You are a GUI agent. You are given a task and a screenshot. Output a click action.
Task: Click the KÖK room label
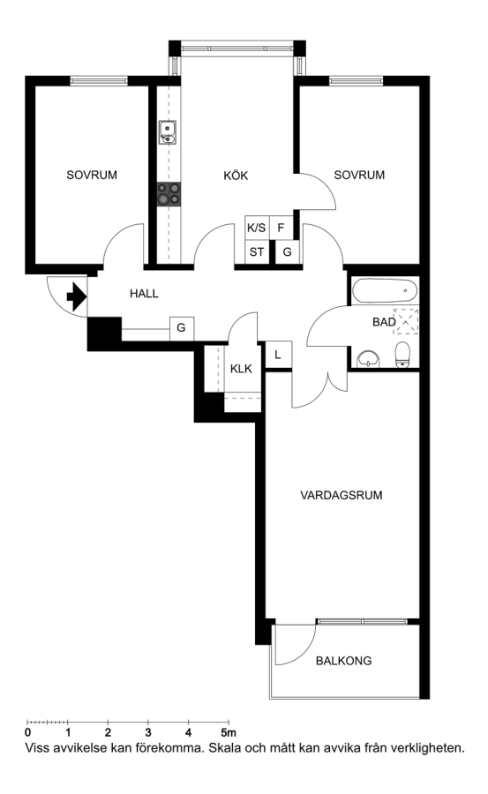point(236,176)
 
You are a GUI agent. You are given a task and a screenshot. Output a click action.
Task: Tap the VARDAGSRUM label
point(341,495)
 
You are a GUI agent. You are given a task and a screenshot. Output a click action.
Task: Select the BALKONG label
point(343,660)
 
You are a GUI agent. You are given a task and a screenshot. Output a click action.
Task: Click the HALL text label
point(144,293)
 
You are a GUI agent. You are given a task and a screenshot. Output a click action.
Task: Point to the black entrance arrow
point(77,296)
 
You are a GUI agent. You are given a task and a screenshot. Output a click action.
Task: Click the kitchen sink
point(168,132)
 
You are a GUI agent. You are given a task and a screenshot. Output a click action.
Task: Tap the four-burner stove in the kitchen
point(169,194)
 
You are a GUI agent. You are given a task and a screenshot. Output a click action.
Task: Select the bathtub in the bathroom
point(385,290)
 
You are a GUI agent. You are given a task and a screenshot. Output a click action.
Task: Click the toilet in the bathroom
point(402,355)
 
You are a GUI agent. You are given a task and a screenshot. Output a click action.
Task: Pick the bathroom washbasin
point(368,359)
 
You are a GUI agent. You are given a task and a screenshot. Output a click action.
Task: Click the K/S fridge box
point(257,228)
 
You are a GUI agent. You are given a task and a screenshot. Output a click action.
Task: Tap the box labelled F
point(282,228)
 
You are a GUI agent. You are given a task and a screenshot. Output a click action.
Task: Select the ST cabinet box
point(257,251)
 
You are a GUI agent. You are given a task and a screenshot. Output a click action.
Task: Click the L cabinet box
point(278,355)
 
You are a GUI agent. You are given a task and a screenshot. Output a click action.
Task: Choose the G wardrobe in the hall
point(182,328)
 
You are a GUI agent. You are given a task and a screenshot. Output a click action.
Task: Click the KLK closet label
point(241,369)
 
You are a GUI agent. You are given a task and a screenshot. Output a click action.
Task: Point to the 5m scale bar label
point(229,732)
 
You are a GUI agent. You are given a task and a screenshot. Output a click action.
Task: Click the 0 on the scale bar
point(27,732)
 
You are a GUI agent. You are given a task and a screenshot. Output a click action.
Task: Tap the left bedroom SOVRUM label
point(92,176)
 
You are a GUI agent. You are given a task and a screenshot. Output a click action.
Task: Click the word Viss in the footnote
point(36,747)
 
